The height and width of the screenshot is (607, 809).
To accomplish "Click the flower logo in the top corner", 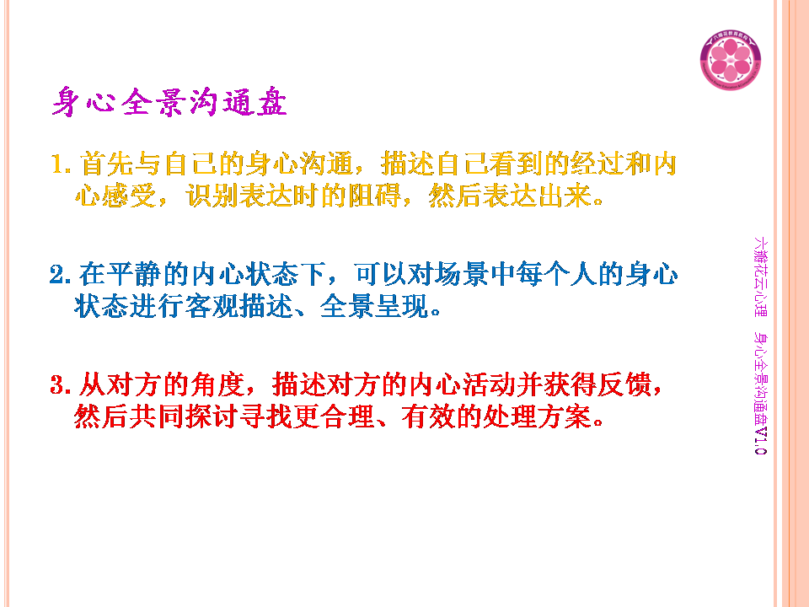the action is point(730,59).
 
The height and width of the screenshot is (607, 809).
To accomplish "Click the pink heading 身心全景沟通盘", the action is point(169,102).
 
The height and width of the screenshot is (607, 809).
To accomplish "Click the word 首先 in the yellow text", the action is point(107,164).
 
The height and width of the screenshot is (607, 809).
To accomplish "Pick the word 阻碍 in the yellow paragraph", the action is point(374,196).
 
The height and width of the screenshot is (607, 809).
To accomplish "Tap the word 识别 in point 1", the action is point(212,196).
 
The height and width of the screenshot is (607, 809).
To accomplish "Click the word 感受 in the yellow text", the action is point(129,196).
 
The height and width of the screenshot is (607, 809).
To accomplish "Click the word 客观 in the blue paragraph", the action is point(212,307).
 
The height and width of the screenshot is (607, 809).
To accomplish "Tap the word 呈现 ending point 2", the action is point(402,307).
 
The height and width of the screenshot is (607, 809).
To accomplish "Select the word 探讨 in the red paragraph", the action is point(212,416).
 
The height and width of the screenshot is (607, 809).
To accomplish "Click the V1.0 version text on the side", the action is point(760,440).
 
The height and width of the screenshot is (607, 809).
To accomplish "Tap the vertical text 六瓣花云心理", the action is point(760,277).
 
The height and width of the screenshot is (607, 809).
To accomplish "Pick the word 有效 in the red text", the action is point(429,416).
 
